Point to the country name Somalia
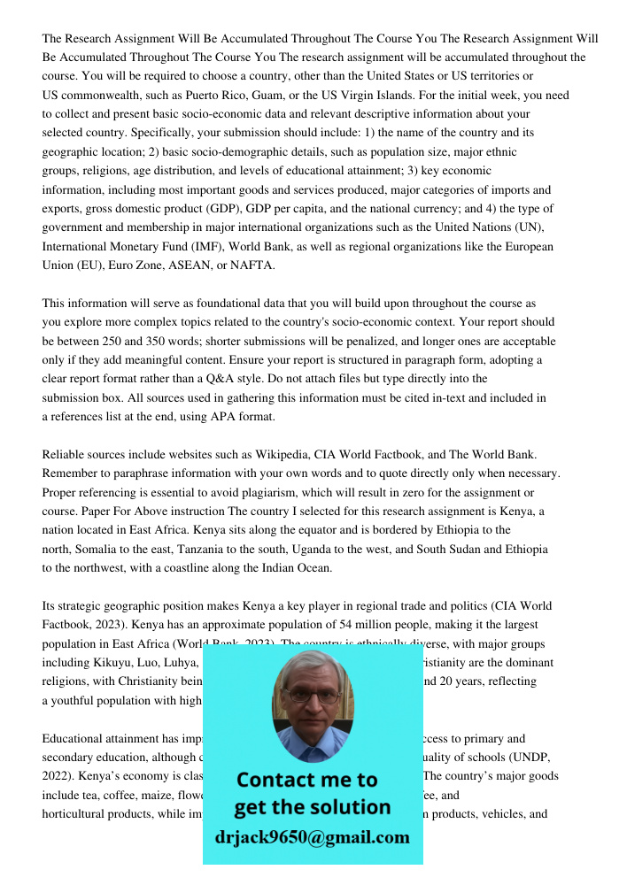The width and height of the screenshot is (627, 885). point(97,550)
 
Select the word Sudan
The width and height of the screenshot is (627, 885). point(478,550)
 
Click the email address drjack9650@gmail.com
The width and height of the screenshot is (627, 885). point(312,837)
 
